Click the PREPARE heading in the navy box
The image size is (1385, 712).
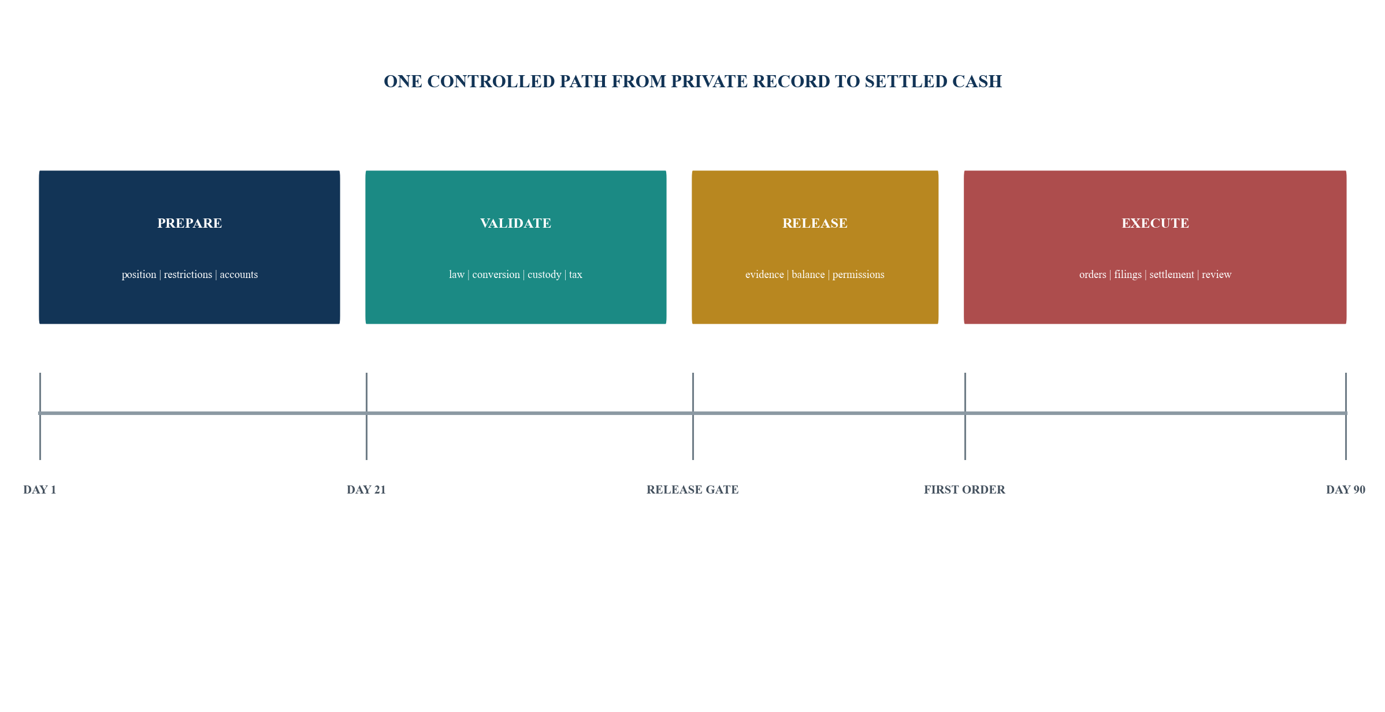(x=190, y=224)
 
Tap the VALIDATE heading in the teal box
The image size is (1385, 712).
(x=515, y=224)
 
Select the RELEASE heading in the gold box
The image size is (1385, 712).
(x=815, y=224)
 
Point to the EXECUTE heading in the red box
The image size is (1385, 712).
(x=1155, y=224)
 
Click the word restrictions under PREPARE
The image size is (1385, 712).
(x=188, y=275)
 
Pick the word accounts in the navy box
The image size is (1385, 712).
(x=239, y=275)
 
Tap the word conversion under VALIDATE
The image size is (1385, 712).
(x=496, y=275)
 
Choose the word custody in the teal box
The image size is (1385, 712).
(x=544, y=275)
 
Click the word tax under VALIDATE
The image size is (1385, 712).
(x=575, y=275)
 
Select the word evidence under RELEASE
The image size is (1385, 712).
(x=764, y=275)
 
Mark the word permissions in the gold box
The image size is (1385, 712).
(x=858, y=275)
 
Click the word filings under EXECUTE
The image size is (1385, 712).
(x=1128, y=275)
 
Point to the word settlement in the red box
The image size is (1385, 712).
(x=1171, y=275)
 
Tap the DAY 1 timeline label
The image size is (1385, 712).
(x=40, y=490)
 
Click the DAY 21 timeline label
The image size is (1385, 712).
(x=366, y=490)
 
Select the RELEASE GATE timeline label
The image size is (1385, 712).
(x=693, y=490)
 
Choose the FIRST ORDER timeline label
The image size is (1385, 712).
(x=964, y=490)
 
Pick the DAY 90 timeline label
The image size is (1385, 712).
(x=1346, y=490)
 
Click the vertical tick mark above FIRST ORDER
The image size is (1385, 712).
(x=965, y=416)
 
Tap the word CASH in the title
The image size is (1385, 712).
(x=977, y=81)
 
